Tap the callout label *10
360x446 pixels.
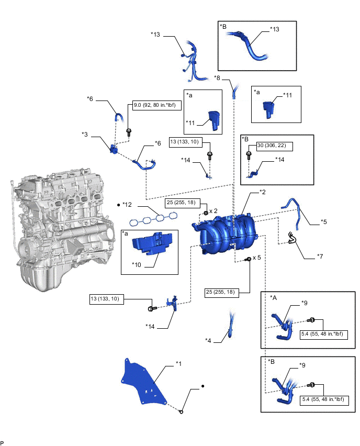137,263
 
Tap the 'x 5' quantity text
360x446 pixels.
256,258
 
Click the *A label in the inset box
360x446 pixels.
273,297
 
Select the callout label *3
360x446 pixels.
84,135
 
